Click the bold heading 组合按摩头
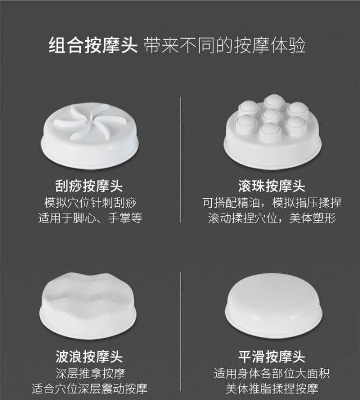tap(93, 46)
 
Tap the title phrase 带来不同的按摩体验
tap(225, 46)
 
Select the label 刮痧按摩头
tap(89, 186)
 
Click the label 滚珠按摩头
tap(272, 186)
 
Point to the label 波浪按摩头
tap(89, 357)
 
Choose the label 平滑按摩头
tap(272, 357)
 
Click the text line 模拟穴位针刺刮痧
tap(90, 203)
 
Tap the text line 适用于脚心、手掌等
tap(90, 218)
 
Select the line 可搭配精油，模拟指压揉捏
tap(272, 203)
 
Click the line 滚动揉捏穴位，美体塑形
tap(272, 218)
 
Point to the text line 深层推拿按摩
tap(90, 374)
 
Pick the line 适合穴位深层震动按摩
tap(90, 389)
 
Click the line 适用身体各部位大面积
tap(272, 374)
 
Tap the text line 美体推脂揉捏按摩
tap(272, 389)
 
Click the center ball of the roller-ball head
tap(272, 115)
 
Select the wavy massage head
tap(88, 306)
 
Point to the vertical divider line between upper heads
tap(181, 159)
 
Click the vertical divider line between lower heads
tap(181, 332)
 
